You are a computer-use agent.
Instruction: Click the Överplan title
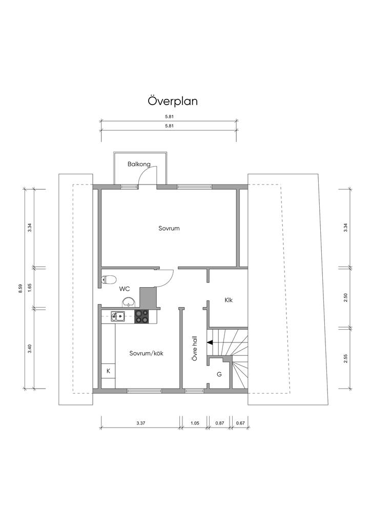(x=173, y=101)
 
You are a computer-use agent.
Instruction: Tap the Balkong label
(x=139, y=165)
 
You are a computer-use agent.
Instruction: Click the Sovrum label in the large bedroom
(x=169, y=228)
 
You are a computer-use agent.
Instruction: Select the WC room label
(x=125, y=289)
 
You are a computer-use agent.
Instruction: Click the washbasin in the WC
(x=129, y=301)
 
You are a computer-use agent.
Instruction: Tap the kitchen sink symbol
(x=118, y=316)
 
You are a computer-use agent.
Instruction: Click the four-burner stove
(x=141, y=316)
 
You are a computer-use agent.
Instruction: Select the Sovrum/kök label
(x=146, y=353)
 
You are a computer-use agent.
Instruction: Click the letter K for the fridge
(x=108, y=371)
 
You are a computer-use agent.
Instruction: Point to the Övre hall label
(x=195, y=349)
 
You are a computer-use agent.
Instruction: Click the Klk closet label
(x=229, y=300)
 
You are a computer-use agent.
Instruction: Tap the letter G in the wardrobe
(x=219, y=374)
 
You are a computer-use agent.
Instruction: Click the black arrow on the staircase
(x=210, y=342)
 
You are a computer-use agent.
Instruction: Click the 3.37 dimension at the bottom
(x=141, y=423)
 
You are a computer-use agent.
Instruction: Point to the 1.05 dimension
(x=195, y=423)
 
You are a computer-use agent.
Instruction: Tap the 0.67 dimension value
(x=240, y=423)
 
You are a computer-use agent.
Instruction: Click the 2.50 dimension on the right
(x=345, y=297)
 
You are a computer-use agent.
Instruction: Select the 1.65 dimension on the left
(x=30, y=288)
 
